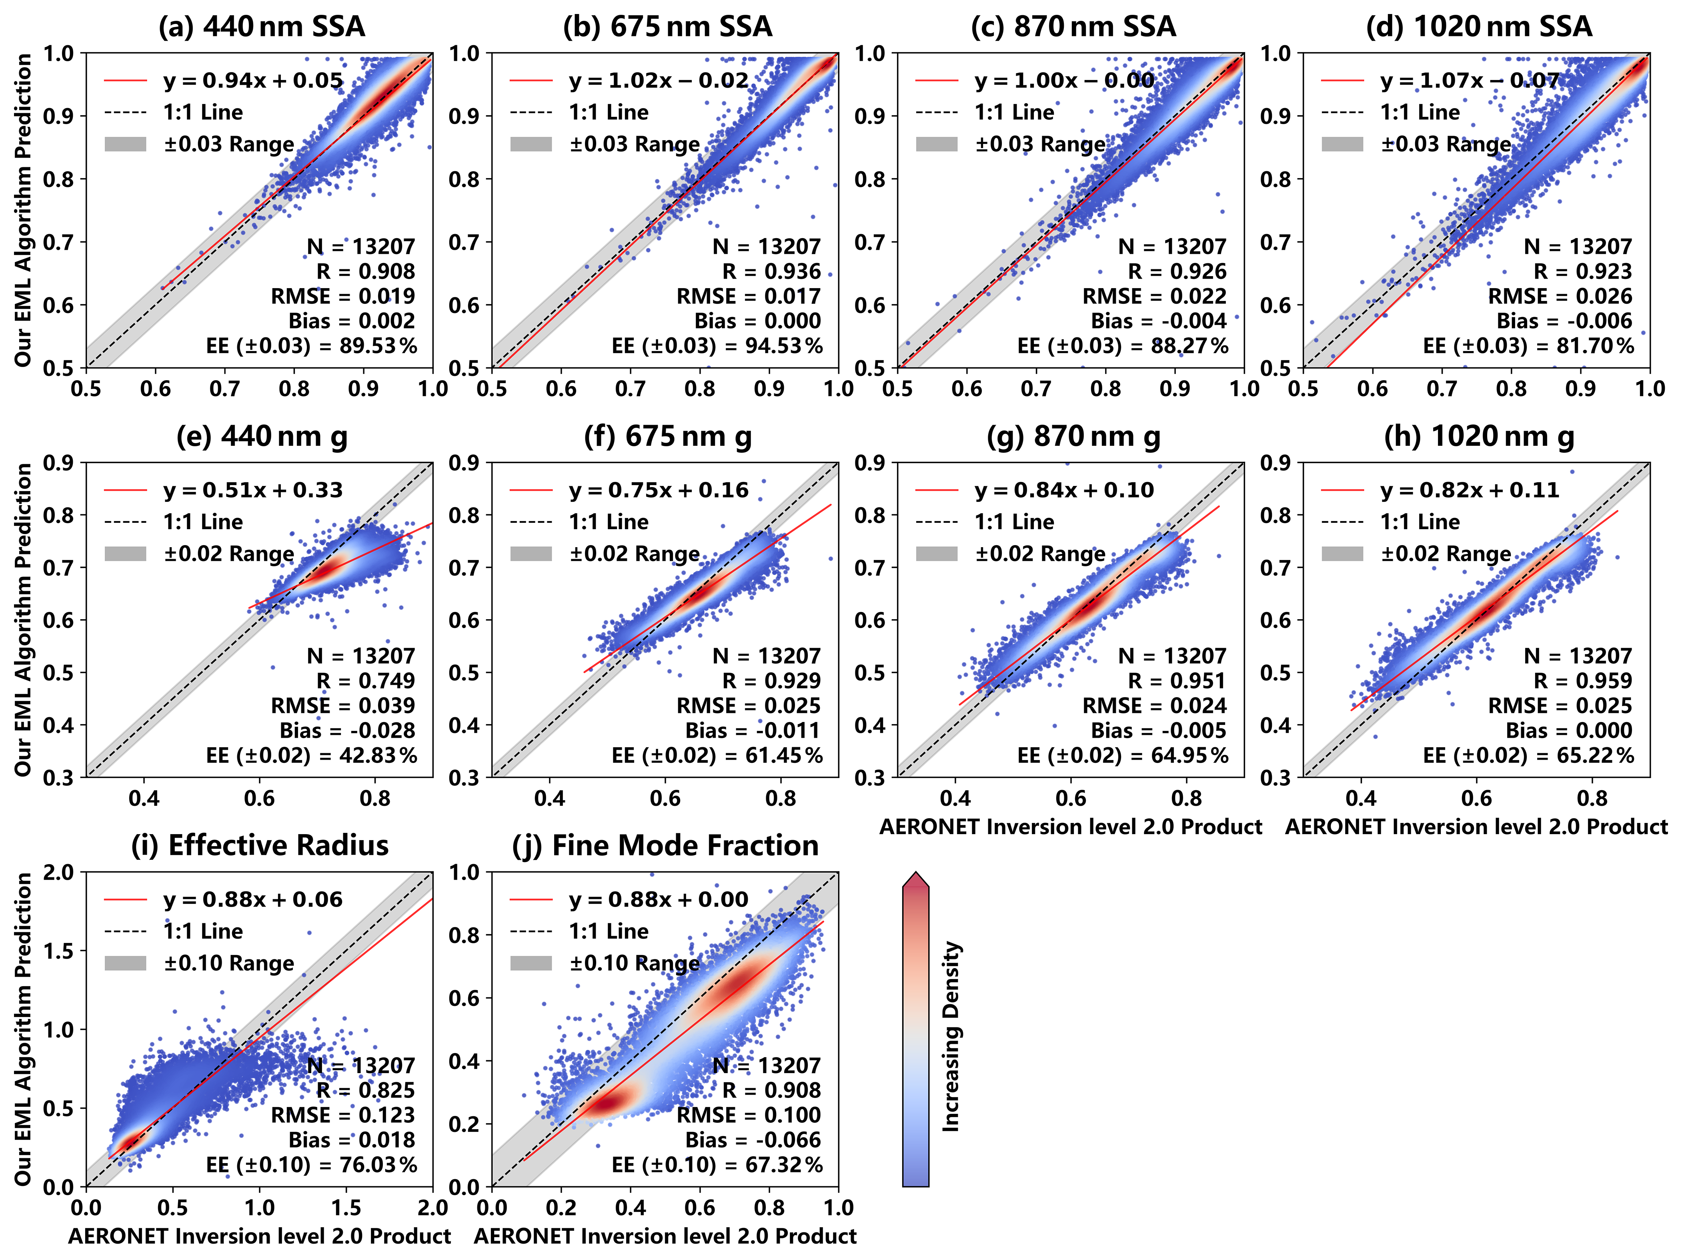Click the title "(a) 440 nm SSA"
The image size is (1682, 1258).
pyautogui.click(x=262, y=27)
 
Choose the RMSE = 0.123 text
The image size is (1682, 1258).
pyautogui.click(x=343, y=1115)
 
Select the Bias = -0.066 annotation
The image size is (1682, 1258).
pyautogui.click(x=753, y=1140)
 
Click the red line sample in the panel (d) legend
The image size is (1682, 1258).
pyautogui.click(x=1342, y=80)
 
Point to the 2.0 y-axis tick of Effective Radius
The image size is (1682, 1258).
pyautogui.click(x=59, y=873)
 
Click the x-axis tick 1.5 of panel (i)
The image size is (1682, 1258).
pyautogui.click(x=346, y=1208)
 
